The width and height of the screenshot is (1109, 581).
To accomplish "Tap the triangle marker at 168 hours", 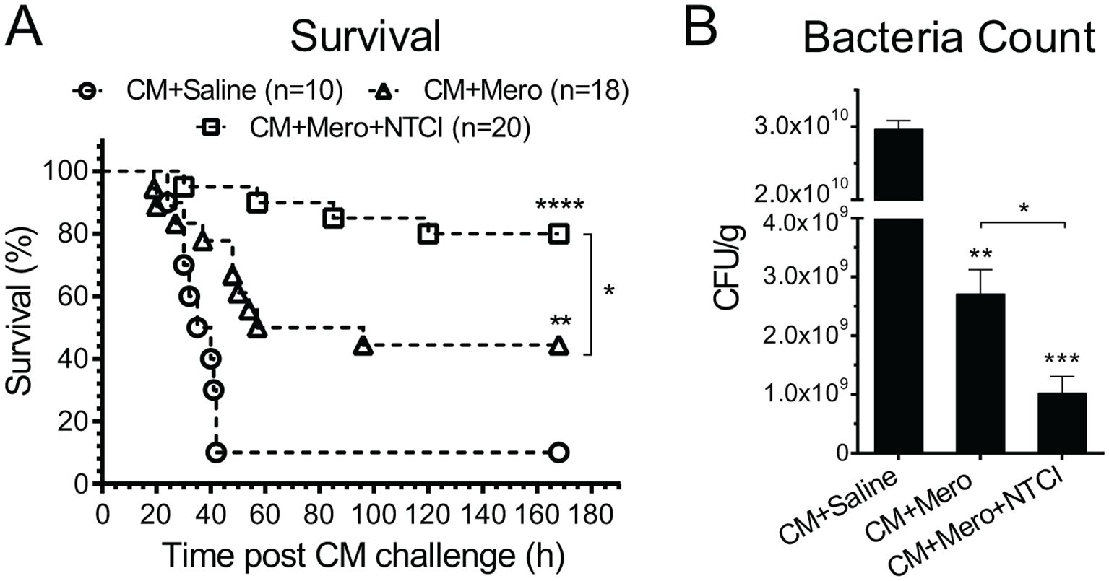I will pos(558,347).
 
